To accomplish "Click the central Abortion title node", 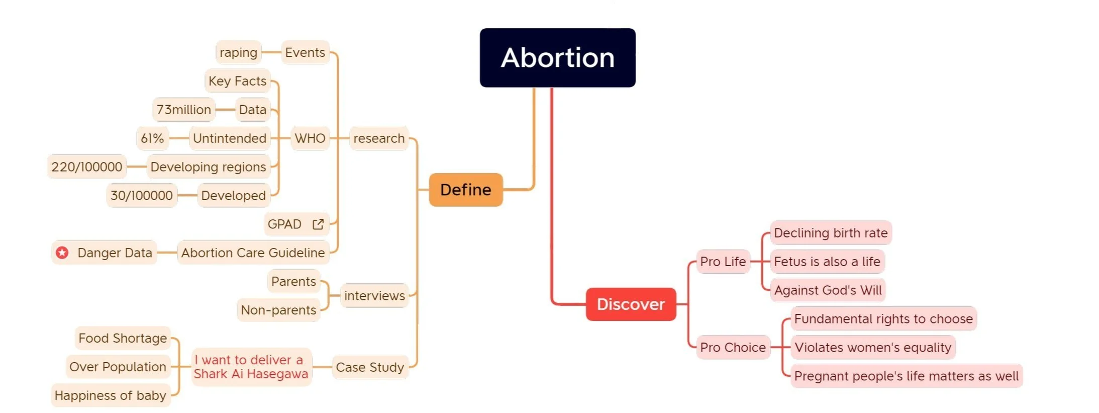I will click(x=557, y=57).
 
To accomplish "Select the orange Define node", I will click(x=465, y=190).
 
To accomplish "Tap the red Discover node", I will click(x=631, y=304).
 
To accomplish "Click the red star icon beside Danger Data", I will click(x=62, y=253).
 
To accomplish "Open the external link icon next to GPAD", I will click(x=318, y=224).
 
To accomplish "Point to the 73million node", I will click(x=183, y=110).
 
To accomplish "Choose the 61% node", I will click(x=152, y=138).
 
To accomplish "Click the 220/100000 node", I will click(x=87, y=167).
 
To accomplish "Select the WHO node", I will click(x=310, y=138).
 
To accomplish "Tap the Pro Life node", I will click(x=723, y=262).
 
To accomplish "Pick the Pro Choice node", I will click(x=733, y=347).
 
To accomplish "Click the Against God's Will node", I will click(x=828, y=290).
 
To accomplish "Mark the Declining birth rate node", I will click(x=831, y=233).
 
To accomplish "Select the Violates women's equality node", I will click(x=873, y=347).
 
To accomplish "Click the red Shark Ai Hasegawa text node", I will click(x=251, y=367).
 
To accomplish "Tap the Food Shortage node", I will click(x=123, y=338).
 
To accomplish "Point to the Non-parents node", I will click(x=278, y=310).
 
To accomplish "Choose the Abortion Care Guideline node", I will click(x=253, y=253).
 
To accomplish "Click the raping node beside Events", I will click(x=238, y=52).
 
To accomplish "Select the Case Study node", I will click(x=370, y=367).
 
